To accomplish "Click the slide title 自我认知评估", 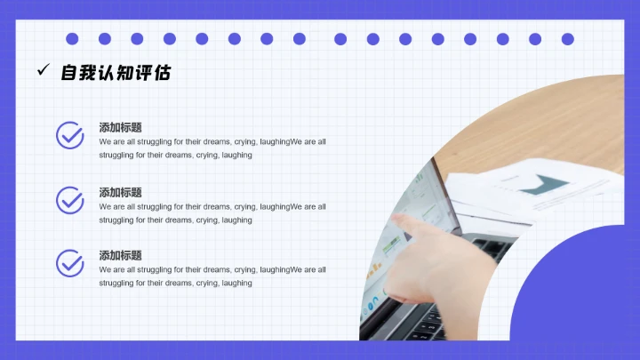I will (116, 73).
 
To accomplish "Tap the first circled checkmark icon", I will (70, 135).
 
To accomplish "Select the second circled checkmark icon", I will (70, 200).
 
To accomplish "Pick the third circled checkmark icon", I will (70, 263).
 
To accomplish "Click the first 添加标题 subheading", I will (121, 128).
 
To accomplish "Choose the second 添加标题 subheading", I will (121, 192).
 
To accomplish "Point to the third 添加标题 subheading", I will (121, 255).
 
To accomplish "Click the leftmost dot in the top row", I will (72, 39).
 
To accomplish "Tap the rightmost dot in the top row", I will (567, 39).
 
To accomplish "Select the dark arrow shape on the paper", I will (544, 185).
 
